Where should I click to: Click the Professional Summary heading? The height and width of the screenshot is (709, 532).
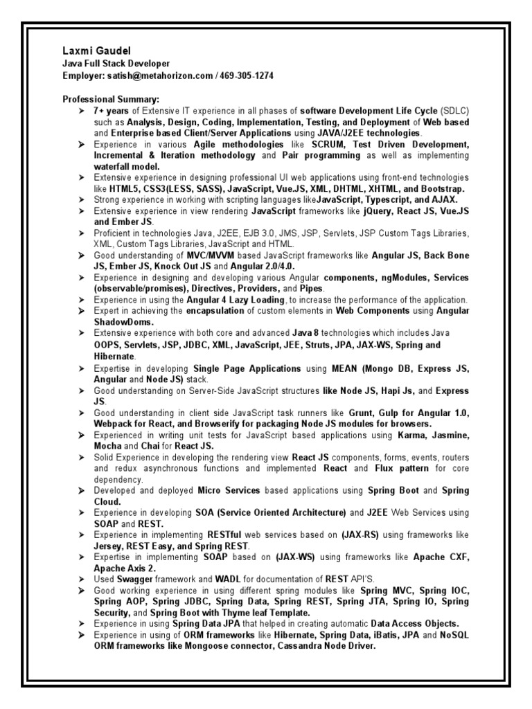[112, 99]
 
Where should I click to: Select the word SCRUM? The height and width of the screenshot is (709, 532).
[331, 144]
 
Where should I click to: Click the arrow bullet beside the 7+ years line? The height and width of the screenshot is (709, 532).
[82, 111]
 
